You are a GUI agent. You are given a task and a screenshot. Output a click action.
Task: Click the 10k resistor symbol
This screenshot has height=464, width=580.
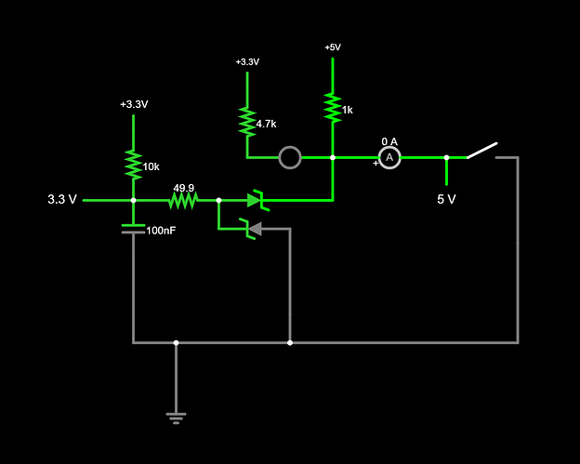click(133, 165)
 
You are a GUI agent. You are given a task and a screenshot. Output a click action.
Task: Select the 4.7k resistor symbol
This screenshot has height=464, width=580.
click(247, 121)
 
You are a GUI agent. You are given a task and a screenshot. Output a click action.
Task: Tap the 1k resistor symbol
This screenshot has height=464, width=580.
click(332, 107)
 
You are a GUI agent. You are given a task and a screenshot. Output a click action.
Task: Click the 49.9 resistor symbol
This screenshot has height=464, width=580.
click(183, 200)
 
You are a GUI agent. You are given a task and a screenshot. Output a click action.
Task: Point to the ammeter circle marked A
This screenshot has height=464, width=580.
click(389, 158)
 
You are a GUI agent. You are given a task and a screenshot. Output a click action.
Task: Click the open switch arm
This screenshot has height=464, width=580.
click(481, 151)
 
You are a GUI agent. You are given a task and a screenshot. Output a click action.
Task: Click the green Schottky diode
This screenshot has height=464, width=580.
click(255, 200)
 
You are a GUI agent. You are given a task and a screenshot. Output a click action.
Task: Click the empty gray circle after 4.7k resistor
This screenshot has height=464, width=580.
click(290, 158)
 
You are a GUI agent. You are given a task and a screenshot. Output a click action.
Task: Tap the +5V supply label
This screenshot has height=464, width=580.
click(332, 47)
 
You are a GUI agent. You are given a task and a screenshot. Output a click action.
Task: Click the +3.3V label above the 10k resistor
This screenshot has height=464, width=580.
click(133, 104)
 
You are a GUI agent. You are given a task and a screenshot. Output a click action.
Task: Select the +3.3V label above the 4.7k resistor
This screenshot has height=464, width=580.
click(247, 62)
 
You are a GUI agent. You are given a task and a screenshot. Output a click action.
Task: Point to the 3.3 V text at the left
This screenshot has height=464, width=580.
click(62, 200)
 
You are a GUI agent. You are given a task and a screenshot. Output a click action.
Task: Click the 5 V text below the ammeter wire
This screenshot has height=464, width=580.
click(447, 199)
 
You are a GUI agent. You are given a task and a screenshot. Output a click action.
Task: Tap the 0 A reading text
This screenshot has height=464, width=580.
click(389, 141)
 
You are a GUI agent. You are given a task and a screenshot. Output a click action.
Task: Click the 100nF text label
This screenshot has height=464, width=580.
click(161, 230)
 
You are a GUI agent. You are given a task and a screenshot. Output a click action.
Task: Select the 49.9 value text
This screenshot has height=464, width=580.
click(183, 187)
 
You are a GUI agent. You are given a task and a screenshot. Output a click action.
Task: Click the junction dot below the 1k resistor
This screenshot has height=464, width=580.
click(332, 158)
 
